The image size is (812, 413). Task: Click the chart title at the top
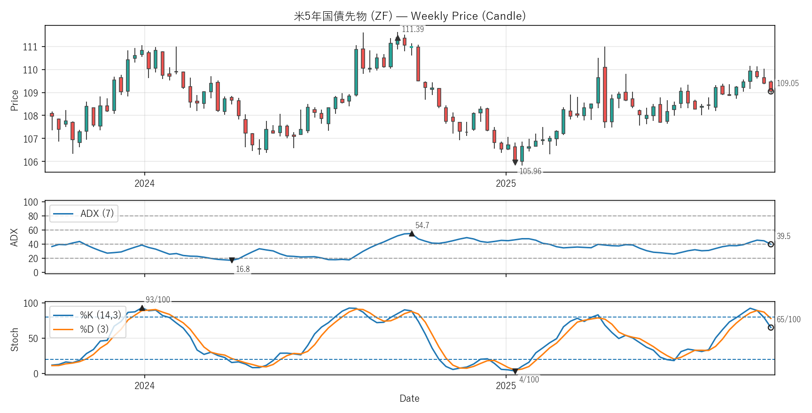pos(409,16)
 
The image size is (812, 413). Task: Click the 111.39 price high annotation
pos(413,29)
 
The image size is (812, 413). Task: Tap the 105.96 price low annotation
pos(530,171)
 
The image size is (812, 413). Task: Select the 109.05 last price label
pos(788,83)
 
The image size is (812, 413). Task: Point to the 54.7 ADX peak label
pos(422,225)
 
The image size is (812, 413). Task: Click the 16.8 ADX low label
pos(242,269)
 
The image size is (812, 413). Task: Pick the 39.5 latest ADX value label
pos(783,236)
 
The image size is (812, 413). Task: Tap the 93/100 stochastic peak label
pos(158,300)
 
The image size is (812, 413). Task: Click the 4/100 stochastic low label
pos(529,380)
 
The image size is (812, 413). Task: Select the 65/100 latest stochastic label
pos(789,319)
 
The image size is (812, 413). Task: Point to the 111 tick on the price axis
pos(30,47)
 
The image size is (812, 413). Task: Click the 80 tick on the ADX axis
pos(33,216)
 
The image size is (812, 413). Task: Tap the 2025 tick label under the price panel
pos(506,183)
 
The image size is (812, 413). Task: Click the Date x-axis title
pos(409,398)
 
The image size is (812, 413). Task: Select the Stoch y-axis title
pos(15,339)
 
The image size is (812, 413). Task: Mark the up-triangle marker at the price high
pos(398,38)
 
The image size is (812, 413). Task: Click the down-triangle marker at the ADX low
pos(232,260)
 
